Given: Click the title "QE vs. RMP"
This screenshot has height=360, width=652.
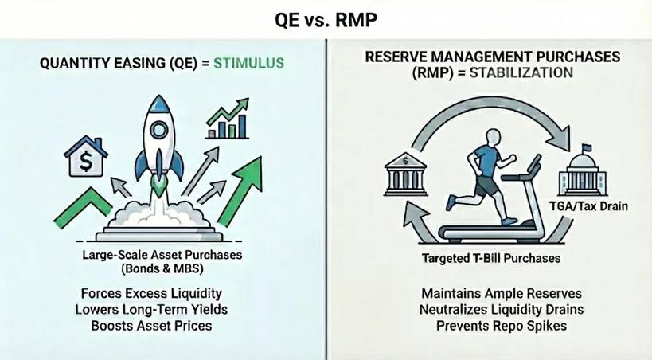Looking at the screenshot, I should pos(326,18).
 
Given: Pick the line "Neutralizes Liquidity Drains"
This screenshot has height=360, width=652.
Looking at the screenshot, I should pos(491,311).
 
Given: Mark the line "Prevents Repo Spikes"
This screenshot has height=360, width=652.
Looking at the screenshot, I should pos(491,327).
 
